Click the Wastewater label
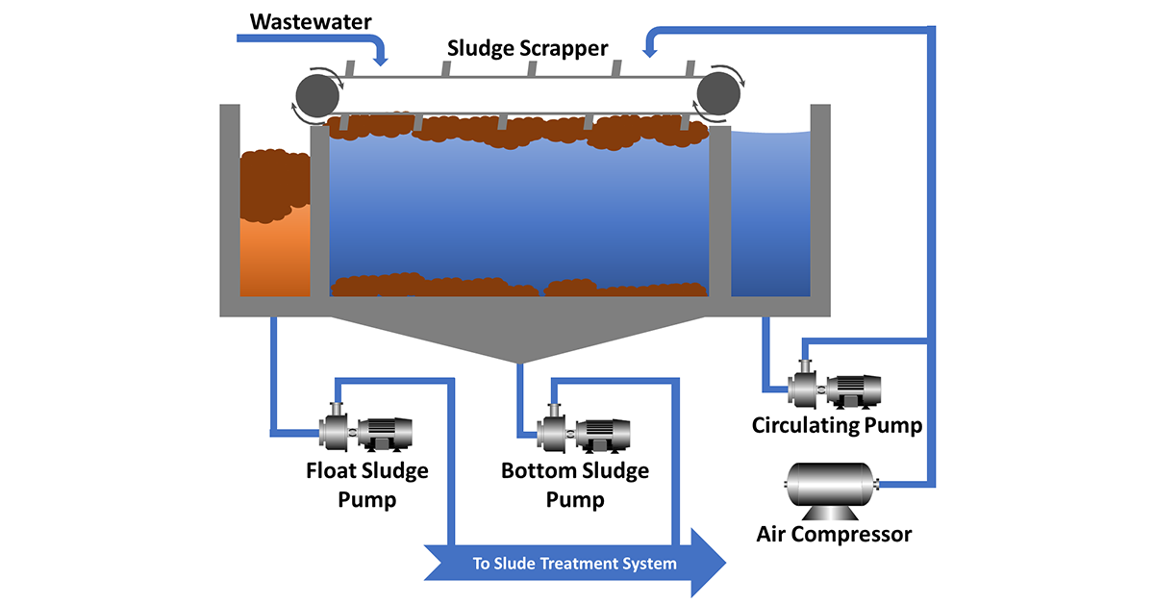[311, 22]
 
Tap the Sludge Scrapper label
[527, 48]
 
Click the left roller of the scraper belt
[317, 96]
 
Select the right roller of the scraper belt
[718, 94]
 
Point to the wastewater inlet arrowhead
[380, 60]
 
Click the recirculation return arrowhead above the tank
[650, 52]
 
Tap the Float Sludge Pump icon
[365, 428]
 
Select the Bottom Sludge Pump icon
[584, 429]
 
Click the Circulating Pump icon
[835, 385]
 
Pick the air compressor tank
[831, 491]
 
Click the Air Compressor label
[834, 535]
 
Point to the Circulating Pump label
[838, 426]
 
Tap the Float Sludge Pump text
[366, 485]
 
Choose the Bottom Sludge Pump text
[575, 485]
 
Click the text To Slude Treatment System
[574, 564]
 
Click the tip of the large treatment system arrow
[726, 563]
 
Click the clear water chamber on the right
[770, 214]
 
